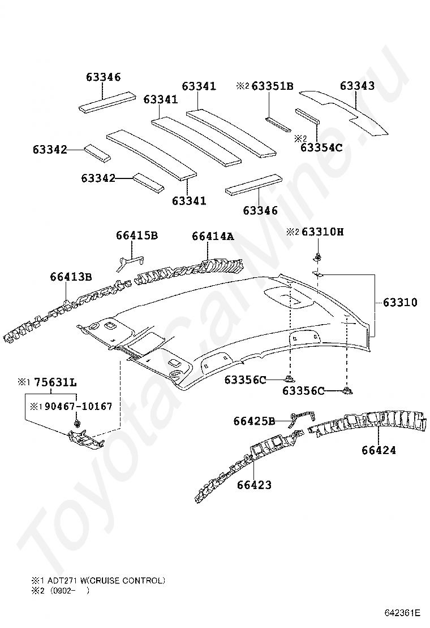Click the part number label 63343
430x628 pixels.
pyautogui.click(x=357, y=86)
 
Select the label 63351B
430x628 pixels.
pyautogui.click(x=273, y=86)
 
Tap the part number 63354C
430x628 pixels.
pyautogui.click(x=321, y=147)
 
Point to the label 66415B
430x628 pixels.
pyautogui.click(x=137, y=236)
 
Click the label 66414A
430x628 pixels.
pyautogui.click(x=212, y=236)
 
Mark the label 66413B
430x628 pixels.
pyautogui.click(x=71, y=276)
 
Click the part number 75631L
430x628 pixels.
pyautogui.click(x=55, y=382)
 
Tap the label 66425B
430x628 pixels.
pyautogui.click(x=255, y=421)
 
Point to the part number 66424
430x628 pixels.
pyautogui.click(x=379, y=450)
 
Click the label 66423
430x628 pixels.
pyautogui.click(x=254, y=485)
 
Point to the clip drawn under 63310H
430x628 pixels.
pyautogui.click(x=317, y=259)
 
